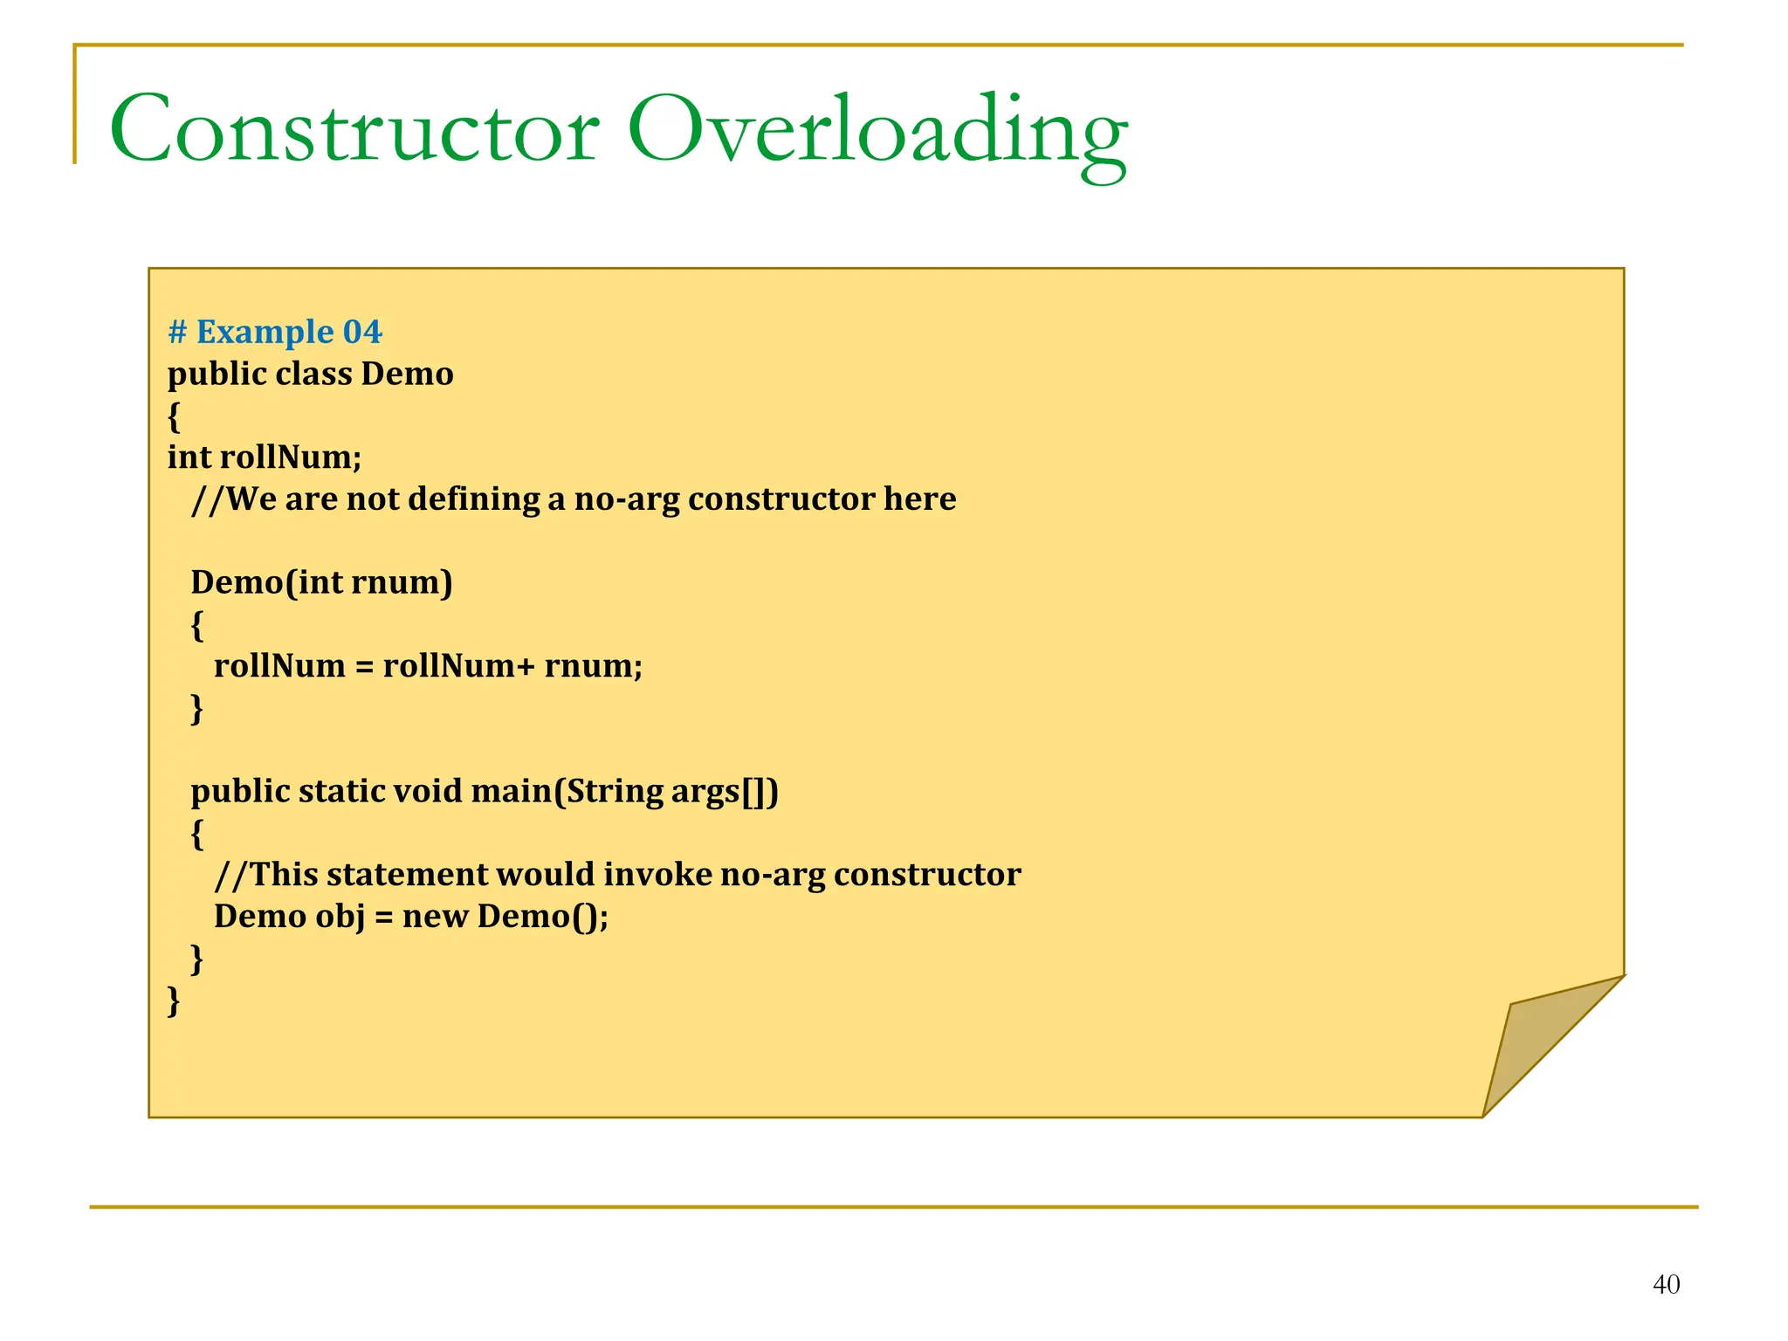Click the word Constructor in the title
[x=354, y=129]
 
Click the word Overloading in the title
[x=877, y=131]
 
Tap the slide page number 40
[x=1666, y=1284]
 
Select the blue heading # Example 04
[x=275, y=333]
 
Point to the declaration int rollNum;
[x=265, y=457]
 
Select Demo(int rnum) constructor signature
[x=321, y=582]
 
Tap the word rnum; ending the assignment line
[x=594, y=666]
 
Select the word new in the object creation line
[x=435, y=917]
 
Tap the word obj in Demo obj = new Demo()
[x=340, y=917]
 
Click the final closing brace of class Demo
[x=174, y=1000]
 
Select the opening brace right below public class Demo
[x=174, y=417]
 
